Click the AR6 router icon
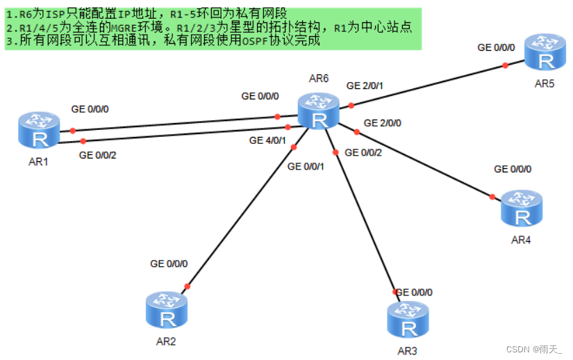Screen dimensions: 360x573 click(319, 112)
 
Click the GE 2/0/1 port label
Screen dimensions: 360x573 click(365, 85)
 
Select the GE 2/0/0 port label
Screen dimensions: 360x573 click(382, 123)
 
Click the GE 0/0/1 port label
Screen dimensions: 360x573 click(306, 166)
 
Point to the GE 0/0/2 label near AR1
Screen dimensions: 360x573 click(98, 155)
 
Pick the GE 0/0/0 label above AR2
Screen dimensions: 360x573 click(169, 264)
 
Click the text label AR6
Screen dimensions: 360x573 click(319, 78)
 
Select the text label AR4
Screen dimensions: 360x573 click(522, 240)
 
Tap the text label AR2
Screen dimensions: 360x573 click(166, 342)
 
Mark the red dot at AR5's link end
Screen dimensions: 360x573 click(505, 66)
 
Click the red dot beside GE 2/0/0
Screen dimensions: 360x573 click(356, 131)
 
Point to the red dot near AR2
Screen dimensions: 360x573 click(186, 285)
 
